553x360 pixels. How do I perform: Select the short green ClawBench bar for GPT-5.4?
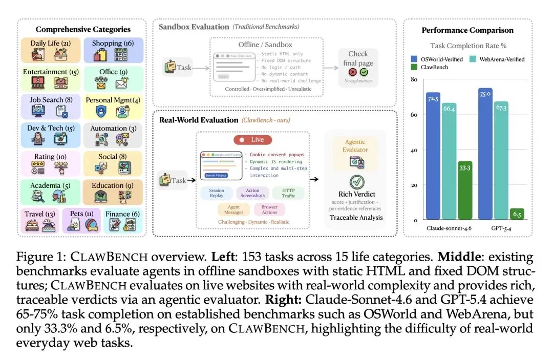pos(517,214)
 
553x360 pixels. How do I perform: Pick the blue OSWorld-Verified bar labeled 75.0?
pos(485,154)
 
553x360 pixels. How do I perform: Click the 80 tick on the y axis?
pos(414,79)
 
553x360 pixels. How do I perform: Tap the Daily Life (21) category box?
pos(51,51)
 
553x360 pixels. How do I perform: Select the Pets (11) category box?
pos(82,221)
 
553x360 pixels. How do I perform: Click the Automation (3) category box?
pos(113,135)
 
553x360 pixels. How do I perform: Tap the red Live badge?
pos(253,140)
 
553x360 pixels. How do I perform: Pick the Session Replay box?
pos(217,193)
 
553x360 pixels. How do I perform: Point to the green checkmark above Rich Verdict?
pos(357,182)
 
